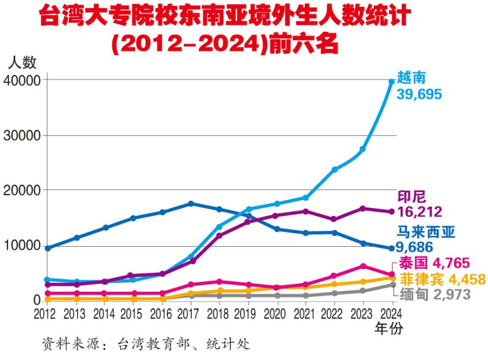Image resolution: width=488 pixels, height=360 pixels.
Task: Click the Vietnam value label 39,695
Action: point(419,94)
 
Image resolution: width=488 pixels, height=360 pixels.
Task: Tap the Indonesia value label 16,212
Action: point(420,211)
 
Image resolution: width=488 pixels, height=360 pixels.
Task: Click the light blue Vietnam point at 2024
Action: point(392,82)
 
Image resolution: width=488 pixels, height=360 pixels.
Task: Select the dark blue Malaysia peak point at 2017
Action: point(191,203)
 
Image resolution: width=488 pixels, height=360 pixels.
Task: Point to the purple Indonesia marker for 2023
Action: point(363,209)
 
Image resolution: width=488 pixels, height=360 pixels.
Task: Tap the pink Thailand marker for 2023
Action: point(363,266)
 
